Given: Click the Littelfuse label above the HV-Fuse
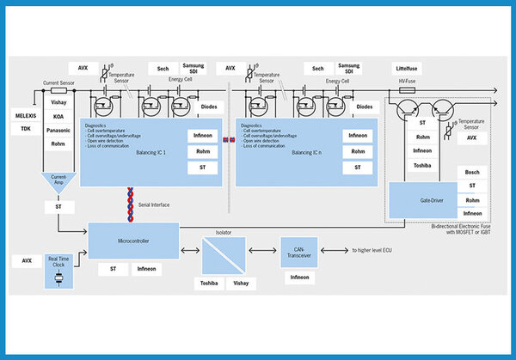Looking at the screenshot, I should pyautogui.click(x=407, y=67).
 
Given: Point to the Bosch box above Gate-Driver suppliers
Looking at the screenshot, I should pyautogui.click(x=472, y=172).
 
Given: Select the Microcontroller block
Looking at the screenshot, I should pyautogui.click(x=133, y=241).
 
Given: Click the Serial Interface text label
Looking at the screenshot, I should pyautogui.click(x=154, y=204).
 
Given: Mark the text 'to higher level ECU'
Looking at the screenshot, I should pyautogui.click(x=372, y=250).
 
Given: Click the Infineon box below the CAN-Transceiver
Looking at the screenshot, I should pyautogui.click(x=299, y=278).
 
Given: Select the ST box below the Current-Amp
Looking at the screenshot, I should pyautogui.click(x=58, y=207).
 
